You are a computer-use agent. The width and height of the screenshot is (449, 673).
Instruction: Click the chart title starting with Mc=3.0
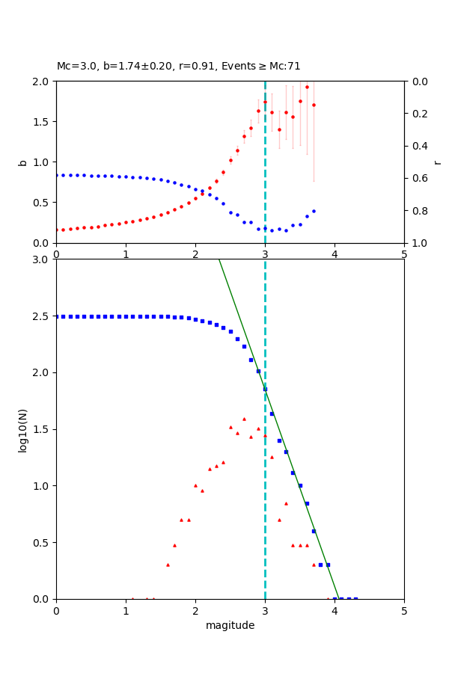point(178,67)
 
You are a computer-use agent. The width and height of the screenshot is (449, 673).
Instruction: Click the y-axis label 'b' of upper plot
point(23,162)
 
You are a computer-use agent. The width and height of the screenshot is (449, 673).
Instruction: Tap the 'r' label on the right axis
point(437,162)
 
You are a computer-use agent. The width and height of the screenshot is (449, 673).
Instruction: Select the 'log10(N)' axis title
point(23,429)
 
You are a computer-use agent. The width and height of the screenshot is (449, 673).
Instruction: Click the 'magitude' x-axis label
point(230,625)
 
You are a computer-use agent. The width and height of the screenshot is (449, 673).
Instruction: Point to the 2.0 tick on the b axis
point(43,82)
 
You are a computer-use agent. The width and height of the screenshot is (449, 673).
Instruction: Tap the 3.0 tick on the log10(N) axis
point(43,259)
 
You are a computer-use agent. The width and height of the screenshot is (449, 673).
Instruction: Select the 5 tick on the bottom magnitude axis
point(404,610)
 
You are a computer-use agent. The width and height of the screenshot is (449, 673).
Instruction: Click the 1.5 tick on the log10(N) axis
point(43,429)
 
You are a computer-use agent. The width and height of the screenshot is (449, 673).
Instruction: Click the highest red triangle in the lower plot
point(244,419)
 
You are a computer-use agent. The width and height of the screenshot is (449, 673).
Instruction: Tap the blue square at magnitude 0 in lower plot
point(57,316)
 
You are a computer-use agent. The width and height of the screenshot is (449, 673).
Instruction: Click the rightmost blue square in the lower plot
point(355,599)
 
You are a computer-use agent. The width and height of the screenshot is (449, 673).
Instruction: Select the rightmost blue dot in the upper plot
point(314,211)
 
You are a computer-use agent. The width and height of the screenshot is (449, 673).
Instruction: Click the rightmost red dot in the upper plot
point(314,105)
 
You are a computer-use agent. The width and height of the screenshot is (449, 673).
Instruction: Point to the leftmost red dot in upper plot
point(57,230)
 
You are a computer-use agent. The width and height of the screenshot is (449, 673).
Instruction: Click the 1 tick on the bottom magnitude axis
point(126,610)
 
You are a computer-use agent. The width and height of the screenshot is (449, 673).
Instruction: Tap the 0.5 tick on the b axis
point(43,203)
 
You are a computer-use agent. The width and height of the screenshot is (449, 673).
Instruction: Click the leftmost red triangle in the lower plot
point(132,598)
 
